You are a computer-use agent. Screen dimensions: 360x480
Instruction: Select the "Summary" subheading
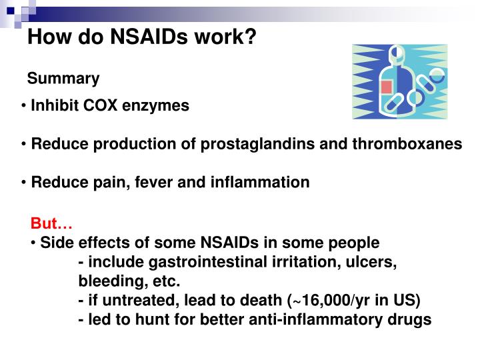coord(63,79)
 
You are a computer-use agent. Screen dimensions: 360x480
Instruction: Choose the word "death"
coord(260,300)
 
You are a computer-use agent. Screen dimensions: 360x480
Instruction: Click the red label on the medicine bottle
coord(386,87)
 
